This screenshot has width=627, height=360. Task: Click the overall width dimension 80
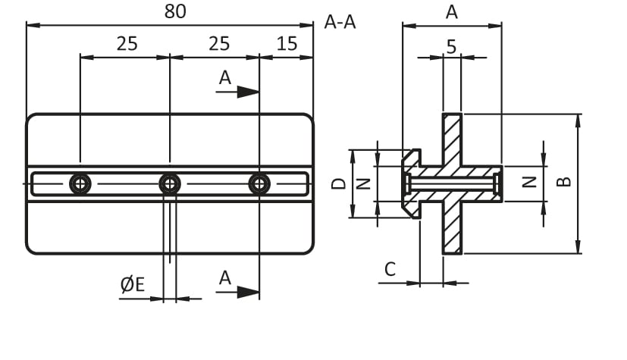175,11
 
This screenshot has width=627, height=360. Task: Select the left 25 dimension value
127,43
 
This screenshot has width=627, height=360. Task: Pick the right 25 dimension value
219,43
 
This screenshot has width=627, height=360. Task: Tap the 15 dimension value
287,43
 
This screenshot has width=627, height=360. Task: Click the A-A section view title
340,22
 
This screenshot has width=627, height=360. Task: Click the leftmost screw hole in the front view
80,183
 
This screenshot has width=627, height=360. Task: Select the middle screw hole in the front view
170,183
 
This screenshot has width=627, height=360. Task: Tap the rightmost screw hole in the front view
259,183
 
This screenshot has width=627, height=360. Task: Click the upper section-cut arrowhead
247,92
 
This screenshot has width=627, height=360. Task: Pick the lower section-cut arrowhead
247,292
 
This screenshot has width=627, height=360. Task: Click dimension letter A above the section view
452,12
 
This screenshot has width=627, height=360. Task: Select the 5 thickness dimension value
451,47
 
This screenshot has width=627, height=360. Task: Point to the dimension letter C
390,268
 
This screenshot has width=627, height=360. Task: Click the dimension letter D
340,183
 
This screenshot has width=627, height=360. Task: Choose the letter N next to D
363,183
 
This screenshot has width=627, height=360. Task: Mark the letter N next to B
531,182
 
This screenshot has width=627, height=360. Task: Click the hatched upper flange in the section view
452,140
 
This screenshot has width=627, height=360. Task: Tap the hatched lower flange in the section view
452,227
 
